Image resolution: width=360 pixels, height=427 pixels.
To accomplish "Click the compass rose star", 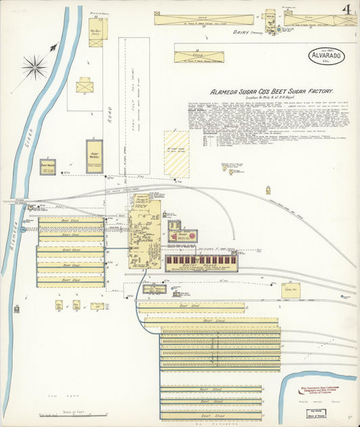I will point(34,66).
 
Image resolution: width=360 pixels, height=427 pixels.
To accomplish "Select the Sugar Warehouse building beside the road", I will point(95,156).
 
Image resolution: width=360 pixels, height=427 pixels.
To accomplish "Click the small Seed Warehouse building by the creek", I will point(47,166).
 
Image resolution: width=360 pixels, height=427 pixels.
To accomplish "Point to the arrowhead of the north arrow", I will point(53,47).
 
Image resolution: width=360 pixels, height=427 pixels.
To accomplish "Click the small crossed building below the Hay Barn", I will point(85,86).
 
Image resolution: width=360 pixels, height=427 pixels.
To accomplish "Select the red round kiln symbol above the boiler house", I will point(192,236).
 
